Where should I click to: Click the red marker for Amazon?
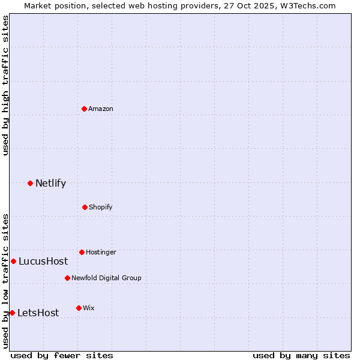click(85, 109)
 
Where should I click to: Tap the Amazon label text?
click(101, 109)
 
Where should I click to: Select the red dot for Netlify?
click(30, 183)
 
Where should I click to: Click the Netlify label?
click(50, 184)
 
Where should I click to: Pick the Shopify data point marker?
click(85, 207)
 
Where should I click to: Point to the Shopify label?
click(101, 208)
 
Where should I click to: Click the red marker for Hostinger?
click(82, 252)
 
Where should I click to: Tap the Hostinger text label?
click(101, 253)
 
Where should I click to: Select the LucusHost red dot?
click(13, 261)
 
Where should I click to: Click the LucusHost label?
click(43, 262)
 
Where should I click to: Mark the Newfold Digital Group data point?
click(67, 278)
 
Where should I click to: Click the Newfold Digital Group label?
click(106, 278)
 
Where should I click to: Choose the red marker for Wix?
click(79, 308)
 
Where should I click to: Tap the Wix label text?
click(89, 308)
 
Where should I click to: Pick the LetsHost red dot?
click(12, 313)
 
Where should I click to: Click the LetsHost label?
click(38, 313)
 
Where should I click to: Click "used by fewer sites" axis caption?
click(62, 355)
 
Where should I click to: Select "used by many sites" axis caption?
click(301, 355)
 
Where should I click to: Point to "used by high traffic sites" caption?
click(5, 85)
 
